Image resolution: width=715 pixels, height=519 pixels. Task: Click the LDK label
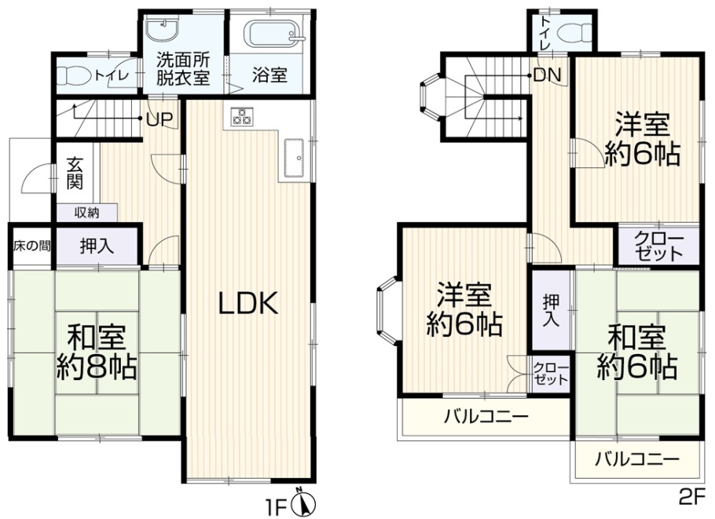(x=248, y=304)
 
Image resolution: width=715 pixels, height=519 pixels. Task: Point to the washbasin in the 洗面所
(x=163, y=30)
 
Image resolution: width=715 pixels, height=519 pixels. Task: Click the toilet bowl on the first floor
(x=74, y=76)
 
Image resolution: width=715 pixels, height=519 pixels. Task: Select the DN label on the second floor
(x=547, y=75)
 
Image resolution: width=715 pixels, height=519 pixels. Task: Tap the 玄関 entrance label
(x=75, y=174)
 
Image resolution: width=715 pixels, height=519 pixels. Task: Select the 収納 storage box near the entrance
(x=87, y=212)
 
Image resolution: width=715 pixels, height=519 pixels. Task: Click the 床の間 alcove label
(x=31, y=247)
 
